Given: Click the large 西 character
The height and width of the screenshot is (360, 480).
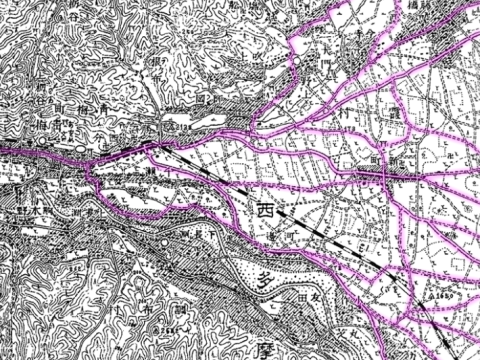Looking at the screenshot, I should click(x=264, y=211).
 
